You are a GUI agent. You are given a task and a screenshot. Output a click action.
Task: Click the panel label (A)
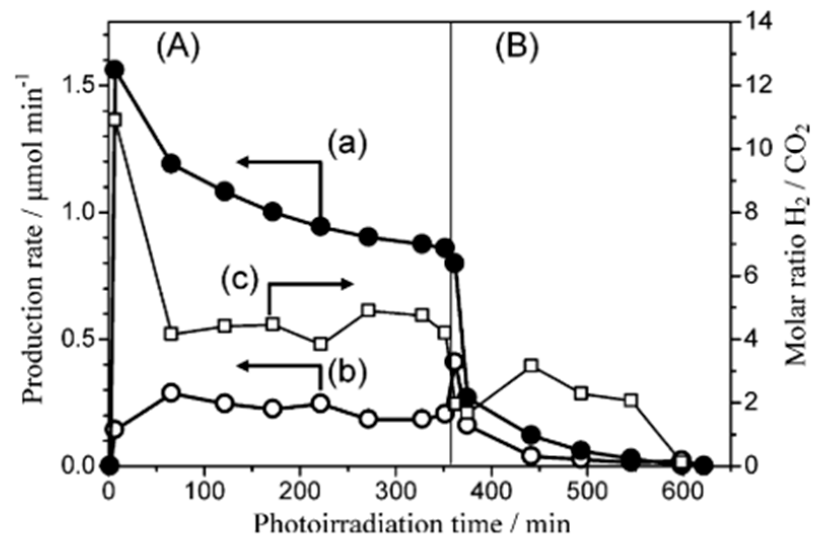tap(178, 48)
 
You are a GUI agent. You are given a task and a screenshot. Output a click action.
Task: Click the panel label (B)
tap(517, 48)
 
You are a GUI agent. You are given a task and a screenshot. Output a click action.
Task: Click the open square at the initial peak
tap(115, 120)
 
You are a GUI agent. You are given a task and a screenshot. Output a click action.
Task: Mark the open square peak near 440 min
tap(531, 365)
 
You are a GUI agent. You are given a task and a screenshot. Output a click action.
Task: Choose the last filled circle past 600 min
tap(703, 464)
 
